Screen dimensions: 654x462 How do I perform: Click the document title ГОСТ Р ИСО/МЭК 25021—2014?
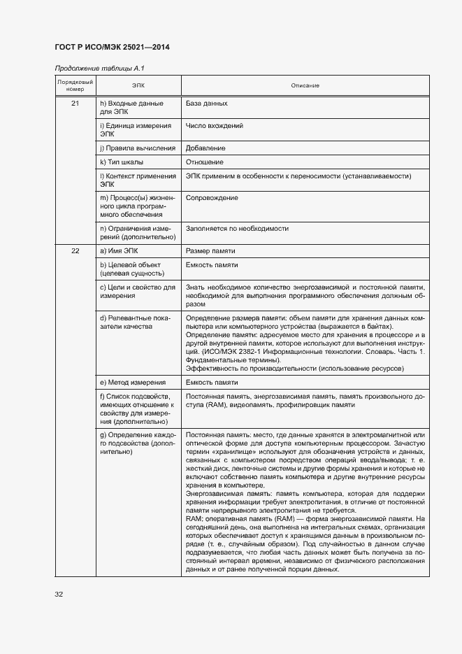112,47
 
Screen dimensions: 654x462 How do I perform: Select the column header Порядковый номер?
74,85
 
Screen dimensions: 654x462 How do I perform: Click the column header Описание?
305,85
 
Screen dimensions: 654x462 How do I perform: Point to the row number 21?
75,104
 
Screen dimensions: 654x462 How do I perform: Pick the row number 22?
75,251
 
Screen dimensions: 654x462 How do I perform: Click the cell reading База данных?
206,104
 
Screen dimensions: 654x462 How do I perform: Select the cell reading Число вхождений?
215,126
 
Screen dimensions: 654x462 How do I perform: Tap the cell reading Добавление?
205,148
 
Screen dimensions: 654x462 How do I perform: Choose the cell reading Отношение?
205,162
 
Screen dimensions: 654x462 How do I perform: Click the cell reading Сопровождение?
212,198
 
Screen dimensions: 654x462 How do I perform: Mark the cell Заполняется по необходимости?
237,229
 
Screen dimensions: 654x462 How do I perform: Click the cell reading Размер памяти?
210,251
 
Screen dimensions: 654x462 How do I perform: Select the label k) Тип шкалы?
122,162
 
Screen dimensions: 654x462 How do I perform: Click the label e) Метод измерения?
133,383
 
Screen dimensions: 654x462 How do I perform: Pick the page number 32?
59,595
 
